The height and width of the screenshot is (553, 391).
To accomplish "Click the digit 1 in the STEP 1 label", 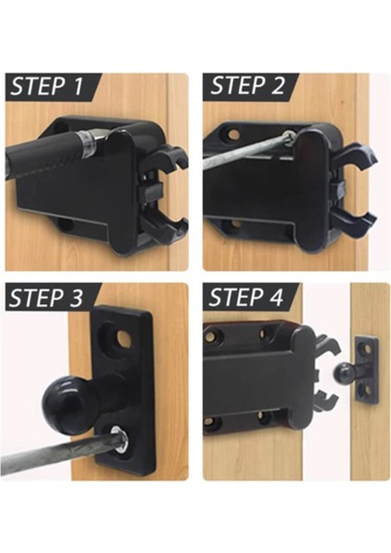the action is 78,87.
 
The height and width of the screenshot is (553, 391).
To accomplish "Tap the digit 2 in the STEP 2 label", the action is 278,86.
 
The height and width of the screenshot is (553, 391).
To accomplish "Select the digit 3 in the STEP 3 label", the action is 75,298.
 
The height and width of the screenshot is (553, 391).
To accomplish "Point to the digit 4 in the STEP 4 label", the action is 276,297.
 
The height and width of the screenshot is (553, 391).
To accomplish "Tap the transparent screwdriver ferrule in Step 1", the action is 86,145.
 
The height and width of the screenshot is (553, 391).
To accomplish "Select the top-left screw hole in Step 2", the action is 233,134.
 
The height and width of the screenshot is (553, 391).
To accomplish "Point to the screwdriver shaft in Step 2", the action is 246,148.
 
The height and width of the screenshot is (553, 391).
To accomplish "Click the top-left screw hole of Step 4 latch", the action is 211,335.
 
